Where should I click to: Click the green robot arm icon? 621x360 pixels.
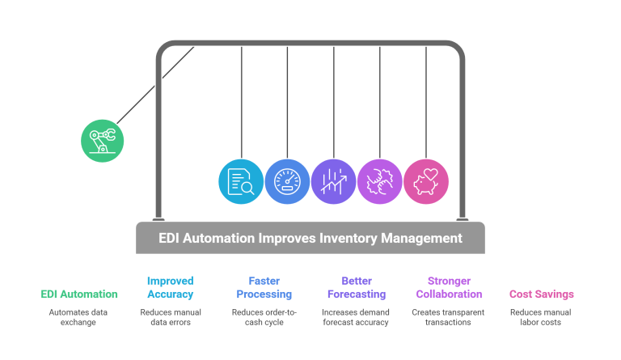click(102, 141)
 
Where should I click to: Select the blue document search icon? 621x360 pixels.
click(241, 180)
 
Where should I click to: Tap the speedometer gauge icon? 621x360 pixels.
click(287, 180)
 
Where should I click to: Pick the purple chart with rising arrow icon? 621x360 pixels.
click(333, 180)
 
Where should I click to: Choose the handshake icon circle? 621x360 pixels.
click(379, 180)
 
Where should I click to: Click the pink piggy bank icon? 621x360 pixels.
click(425, 180)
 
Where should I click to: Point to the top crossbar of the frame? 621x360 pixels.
click(310, 43)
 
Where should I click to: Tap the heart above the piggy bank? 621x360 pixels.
click(430, 173)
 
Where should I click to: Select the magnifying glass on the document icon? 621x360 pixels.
click(247, 188)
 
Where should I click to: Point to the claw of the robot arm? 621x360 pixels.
click(110, 134)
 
